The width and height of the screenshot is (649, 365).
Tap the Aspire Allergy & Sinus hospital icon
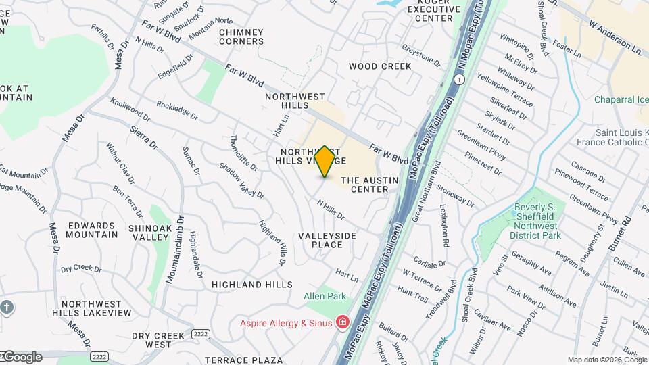coord(342,322)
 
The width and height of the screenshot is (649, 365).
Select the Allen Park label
coord(325,296)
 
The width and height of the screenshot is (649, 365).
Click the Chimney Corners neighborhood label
coord(241,36)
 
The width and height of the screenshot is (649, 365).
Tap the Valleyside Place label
coord(327,239)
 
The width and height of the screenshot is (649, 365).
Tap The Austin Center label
coord(365,185)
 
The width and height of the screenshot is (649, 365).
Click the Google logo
coord(22,357)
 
